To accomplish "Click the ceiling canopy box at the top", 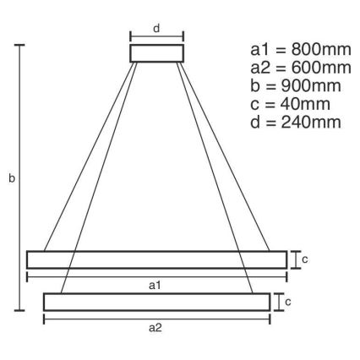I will [x=156, y=53].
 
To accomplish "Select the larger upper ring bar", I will [x=155, y=259].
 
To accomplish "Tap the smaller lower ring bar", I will [x=156, y=301].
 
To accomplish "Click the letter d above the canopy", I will [x=156, y=28].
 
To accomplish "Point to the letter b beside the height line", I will [x=11, y=178].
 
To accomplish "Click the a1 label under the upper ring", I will [x=155, y=286].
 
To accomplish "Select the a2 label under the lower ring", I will [x=155, y=328].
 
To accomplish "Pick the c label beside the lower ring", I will [x=287, y=301].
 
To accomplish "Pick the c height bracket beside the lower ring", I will [x=275, y=301].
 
